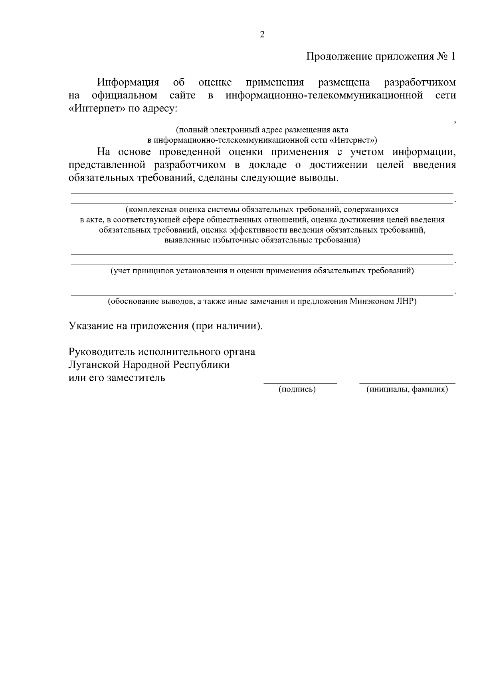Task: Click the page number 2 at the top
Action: [x=262, y=34]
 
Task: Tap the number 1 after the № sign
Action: [x=453, y=56]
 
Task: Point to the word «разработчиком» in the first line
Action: [x=419, y=83]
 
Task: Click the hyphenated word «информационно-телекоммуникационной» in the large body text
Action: [x=324, y=95]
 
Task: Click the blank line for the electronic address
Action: [x=262, y=123]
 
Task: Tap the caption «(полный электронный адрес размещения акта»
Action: [x=262, y=130]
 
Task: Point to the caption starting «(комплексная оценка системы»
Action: [x=262, y=209]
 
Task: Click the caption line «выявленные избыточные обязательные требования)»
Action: [x=262, y=241]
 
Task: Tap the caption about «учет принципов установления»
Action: [x=262, y=271]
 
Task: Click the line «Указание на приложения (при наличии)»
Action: [x=166, y=326]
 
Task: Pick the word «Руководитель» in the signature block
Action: [x=102, y=352]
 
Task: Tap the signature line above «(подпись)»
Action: [x=300, y=383]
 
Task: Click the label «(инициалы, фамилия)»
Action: [x=407, y=390]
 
